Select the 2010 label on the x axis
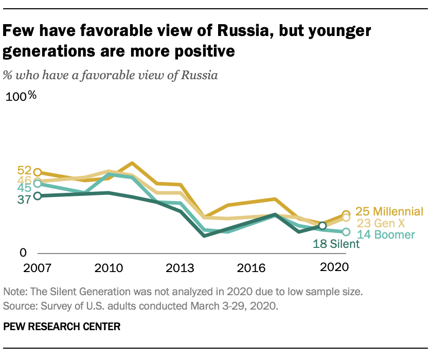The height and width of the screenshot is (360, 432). pos(109,267)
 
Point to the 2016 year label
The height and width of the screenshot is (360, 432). pos(249,267)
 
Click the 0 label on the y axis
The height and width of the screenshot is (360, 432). pos(23,253)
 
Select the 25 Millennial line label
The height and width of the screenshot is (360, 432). pos(390,211)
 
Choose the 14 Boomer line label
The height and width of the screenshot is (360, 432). pos(385,235)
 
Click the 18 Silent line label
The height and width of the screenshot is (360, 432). pos(336,244)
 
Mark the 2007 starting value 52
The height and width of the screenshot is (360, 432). pos(24,171)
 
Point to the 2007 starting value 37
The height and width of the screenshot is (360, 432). pos(24,200)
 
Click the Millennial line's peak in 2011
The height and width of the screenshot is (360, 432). pos(133,164)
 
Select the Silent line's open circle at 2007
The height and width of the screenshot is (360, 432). pos(37,196)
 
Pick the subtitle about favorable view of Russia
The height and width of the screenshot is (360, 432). pos(110,75)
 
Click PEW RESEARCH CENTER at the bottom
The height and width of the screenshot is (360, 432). pos(62,326)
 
